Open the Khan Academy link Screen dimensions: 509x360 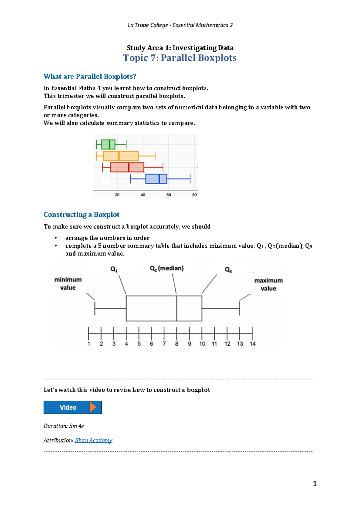pos(93,440)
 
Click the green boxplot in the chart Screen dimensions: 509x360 pos(108,144)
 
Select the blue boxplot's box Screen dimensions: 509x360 pos(156,179)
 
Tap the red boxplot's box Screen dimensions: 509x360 pos(127,167)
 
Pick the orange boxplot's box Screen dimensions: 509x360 pos(121,156)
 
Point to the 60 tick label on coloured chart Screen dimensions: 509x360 pos(169,195)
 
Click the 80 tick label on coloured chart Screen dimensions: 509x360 pos(194,195)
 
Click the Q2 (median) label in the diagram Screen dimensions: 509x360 pos(167,268)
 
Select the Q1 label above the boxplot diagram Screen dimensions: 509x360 pos(114,269)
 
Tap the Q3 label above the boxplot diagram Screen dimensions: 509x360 pos(228,270)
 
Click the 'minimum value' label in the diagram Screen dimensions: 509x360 pos(68,284)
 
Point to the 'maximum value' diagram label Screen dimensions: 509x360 pos(268,284)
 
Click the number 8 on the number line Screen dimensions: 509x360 pos(177,344)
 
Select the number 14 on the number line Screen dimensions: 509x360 pos(253,344)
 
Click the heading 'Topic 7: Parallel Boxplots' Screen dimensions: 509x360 pos(180,58)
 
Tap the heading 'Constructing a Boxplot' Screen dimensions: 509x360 pos(81,215)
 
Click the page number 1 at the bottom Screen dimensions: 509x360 pos(314,484)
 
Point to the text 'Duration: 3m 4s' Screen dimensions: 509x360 pos(64,426)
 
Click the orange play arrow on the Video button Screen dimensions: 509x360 pos(93,407)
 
